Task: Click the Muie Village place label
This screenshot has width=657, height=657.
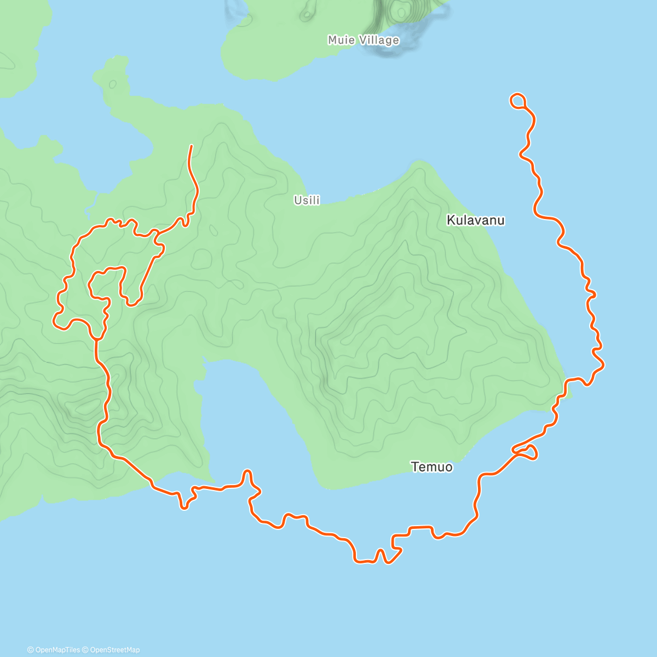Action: [363, 40]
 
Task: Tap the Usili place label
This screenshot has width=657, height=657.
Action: [307, 200]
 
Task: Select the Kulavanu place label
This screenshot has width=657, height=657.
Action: [475, 220]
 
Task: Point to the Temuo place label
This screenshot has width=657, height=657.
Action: [431, 467]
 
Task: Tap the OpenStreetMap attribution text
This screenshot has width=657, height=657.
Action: [115, 650]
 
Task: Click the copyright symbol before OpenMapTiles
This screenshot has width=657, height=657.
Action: [31, 650]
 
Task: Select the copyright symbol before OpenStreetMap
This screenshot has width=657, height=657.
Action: [85, 650]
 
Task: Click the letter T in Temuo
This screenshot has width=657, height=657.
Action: [414, 467]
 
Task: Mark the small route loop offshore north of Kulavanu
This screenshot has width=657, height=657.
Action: [518, 100]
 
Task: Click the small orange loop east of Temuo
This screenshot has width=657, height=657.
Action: [527, 452]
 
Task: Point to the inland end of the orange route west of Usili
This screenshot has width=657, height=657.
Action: [191, 146]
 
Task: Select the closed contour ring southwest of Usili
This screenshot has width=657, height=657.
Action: [202, 258]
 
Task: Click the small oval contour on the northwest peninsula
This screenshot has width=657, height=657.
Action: [113, 84]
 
